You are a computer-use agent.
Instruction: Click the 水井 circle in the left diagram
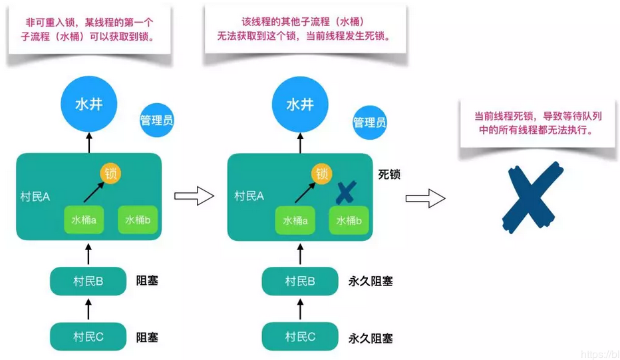(x=88, y=105)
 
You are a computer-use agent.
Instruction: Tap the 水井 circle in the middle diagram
(x=300, y=105)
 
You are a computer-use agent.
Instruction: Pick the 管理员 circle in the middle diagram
(x=369, y=122)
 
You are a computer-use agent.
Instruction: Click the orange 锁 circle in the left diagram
(x=110, y=174)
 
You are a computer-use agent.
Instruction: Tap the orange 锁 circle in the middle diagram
(x=322, y=174)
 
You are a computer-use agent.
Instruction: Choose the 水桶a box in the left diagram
(x=84, y=220)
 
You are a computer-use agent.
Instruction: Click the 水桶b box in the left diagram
(x=138, y=220)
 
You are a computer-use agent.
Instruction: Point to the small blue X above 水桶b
(x=346, y=193)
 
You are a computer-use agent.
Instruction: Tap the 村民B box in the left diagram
(x=88, y=281)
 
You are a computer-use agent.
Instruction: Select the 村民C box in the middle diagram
(x=300, y=337)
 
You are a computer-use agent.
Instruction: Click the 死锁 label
(x=389, y=174)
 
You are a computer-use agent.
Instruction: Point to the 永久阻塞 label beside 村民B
(x=371, y=281)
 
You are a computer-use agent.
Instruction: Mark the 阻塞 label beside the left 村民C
(x=147, y=337)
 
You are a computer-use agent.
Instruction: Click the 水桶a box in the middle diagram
(x=295, y=220)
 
